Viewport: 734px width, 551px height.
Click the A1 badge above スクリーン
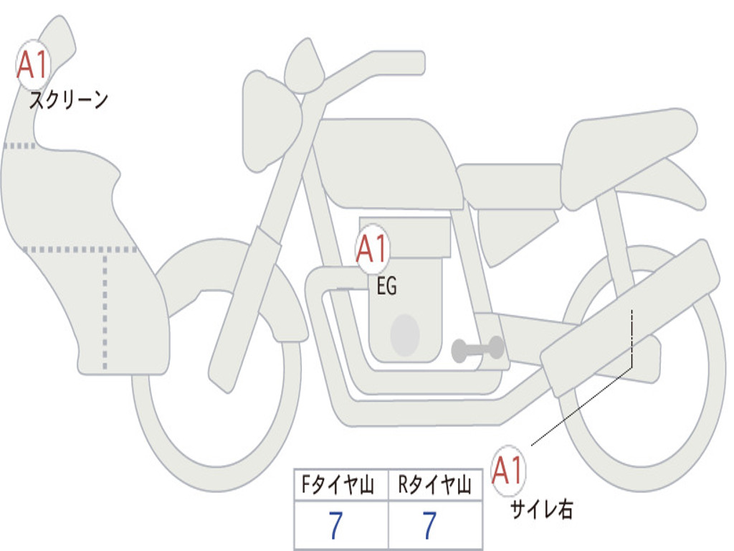coord(33,65)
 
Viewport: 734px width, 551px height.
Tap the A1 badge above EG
coord(373,248)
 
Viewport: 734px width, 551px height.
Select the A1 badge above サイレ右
coord(508,470)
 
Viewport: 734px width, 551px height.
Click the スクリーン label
coord(69,100)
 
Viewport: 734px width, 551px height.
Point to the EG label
coord(386,286)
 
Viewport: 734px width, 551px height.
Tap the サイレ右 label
coord(542,509)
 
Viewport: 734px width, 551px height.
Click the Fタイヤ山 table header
coord(338,485)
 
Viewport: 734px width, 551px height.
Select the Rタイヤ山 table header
coord(434,485)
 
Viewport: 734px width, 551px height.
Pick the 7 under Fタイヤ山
coord(335,525)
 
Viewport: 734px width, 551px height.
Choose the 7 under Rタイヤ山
coord(430,525)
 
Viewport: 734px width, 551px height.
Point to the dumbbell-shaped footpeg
coord(478,349)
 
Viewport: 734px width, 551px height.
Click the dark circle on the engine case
coord(405,335)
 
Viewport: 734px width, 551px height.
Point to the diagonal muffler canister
coord(630,319)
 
